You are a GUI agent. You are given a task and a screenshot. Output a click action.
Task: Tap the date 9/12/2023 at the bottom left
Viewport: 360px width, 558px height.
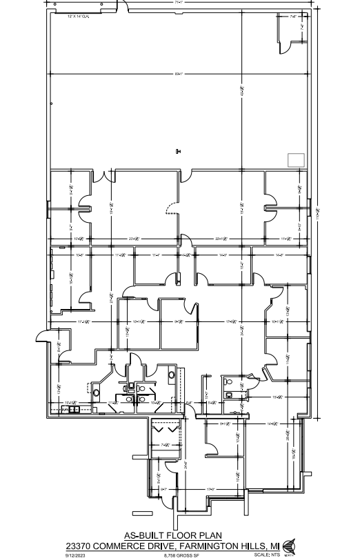74,553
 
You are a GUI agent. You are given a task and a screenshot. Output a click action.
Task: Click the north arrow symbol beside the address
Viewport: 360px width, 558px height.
288,545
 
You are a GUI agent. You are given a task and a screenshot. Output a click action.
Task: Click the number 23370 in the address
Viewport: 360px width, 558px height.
83,544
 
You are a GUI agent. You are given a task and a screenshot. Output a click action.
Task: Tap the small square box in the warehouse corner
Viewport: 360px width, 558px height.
296,159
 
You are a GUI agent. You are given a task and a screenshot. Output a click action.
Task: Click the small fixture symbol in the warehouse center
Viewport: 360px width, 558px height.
178,152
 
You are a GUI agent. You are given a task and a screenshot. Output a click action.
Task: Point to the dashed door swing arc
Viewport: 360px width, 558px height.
168,208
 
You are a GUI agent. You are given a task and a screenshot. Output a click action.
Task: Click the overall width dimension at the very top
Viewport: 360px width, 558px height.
179,3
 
